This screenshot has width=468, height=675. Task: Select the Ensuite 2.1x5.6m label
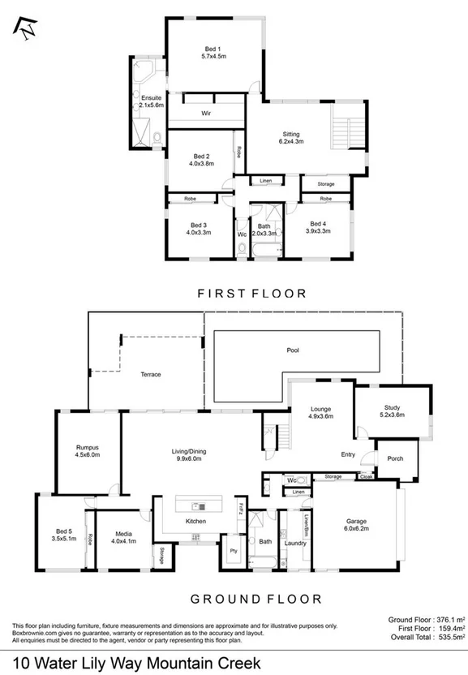151,101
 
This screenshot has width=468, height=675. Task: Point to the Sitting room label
291,138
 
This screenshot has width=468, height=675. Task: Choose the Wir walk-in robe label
206,114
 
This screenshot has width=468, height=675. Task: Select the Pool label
293,350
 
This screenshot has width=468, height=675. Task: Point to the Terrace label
150,374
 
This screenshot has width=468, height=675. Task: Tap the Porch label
395,458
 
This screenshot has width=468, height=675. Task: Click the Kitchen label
195,521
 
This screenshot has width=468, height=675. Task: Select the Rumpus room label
87,451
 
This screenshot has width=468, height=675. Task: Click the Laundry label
295,542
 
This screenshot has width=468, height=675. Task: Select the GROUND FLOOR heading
255,599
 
